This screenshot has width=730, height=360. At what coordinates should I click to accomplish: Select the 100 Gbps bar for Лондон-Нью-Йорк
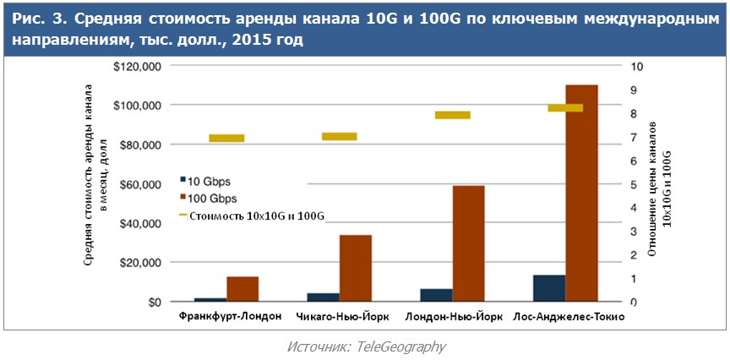pos(468,243)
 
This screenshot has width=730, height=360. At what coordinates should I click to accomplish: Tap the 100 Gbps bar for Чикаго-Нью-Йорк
pos(355,268)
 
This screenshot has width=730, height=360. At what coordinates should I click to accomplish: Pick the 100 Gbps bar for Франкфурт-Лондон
pos(242,288)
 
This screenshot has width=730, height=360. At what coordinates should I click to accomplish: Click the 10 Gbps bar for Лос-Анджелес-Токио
pos(549,287)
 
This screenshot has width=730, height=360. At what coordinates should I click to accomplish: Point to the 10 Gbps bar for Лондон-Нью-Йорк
pos(436,295)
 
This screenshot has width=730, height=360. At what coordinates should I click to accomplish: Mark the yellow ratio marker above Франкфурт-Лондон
pos(226,138)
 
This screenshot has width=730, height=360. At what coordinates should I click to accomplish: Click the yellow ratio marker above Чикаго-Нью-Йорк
pos(340,136)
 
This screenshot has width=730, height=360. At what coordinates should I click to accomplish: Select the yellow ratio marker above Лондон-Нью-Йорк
pos(453,115)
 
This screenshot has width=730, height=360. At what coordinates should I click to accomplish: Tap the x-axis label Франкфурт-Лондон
pos(226,318)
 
